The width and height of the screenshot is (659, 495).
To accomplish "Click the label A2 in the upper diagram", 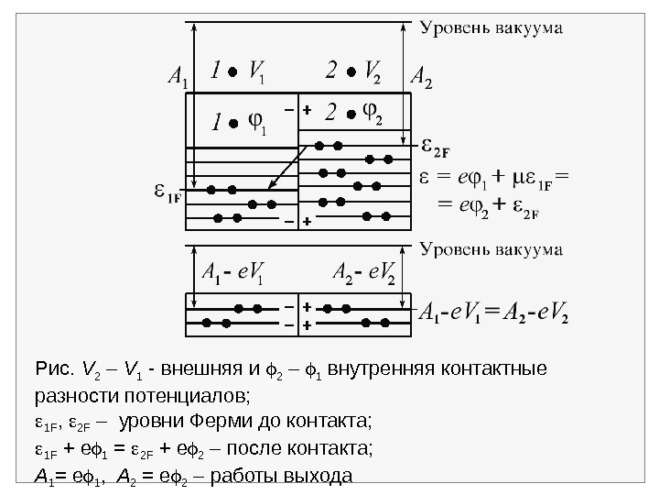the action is point(422,75).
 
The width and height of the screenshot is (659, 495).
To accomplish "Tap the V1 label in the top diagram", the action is point(258,71).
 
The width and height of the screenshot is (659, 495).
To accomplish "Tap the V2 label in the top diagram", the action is point(373,71).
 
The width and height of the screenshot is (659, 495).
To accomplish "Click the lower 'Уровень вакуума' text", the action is point(492,248).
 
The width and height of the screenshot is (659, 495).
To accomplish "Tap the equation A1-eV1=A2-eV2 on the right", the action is point(493,314).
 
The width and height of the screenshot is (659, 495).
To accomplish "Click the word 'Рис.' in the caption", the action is point(48,370).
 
